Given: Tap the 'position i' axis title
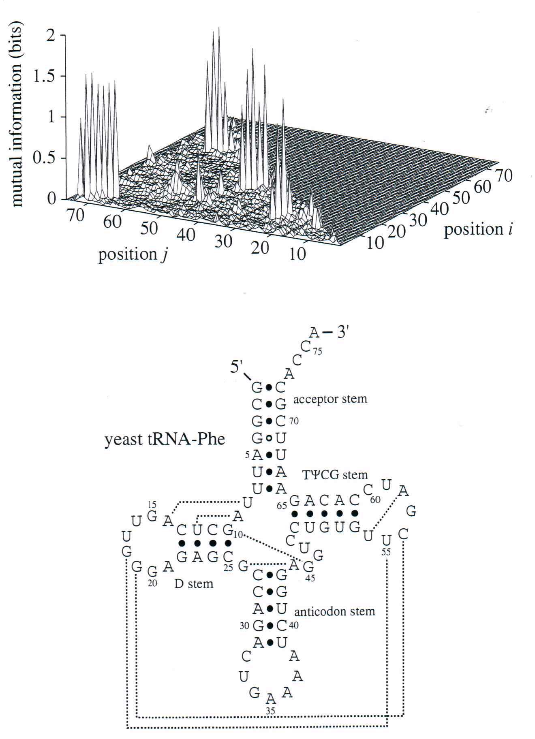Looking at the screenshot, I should (x=477, y=230).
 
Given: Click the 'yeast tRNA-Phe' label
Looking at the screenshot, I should (x=165, y=439).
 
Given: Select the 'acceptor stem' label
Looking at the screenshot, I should (x=330, y=399).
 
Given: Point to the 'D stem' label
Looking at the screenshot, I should (x=194, y=583).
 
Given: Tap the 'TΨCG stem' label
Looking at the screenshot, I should (x=335, y=474).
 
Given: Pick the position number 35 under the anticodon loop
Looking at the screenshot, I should (x=270, y=710).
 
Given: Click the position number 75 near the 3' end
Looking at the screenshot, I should (x=317, y=352).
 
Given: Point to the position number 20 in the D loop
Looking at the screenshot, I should (x=152, y=584).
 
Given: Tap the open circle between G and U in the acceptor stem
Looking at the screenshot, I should (x=268, y=438).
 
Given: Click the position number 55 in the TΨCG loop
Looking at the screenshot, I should (x=387, y=552).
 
